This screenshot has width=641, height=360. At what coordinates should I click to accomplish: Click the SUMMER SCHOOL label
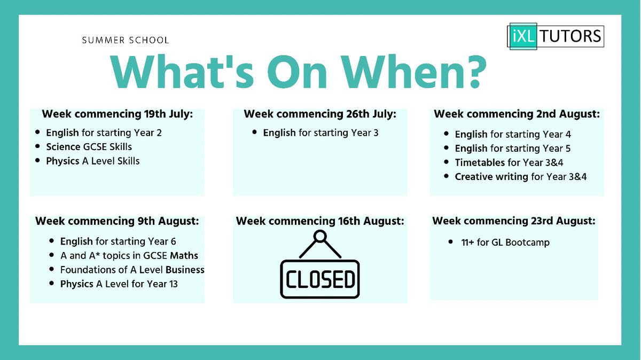point(126,41)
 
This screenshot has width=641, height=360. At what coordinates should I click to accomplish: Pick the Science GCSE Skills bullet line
point(89,146)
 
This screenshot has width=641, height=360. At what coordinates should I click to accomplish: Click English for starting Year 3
point(320,132)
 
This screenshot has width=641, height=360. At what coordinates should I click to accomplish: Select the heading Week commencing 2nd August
point(517,114)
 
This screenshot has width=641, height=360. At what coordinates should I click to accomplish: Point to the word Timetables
point(480,162)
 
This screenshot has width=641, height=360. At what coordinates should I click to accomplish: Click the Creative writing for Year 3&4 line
point(520,177)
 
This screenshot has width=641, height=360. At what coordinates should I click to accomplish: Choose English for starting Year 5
point(513,148)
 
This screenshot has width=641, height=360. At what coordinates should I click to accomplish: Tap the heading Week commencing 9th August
point(116,221)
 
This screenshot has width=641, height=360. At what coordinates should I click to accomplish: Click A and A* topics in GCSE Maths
point(129,256)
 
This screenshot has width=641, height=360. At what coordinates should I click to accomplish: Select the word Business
point(185,270)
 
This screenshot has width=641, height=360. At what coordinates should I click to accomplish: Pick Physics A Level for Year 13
point(119,284)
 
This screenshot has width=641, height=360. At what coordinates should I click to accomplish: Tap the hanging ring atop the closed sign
point(320,235)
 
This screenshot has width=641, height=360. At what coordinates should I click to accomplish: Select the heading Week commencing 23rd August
point(514,221)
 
